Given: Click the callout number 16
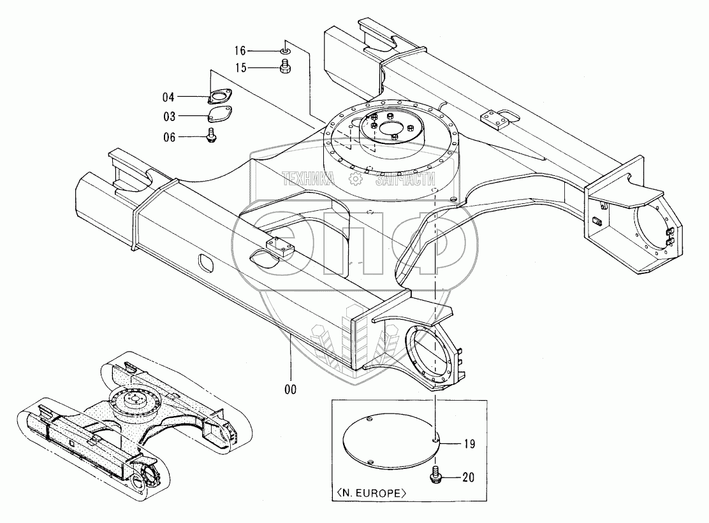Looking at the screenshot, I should (240, 50).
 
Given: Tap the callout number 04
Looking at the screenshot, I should (168, 97).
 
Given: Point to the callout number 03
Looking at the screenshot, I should (168, 116).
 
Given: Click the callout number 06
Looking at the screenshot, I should (168, 136).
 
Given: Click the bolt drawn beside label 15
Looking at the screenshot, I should (286, 66).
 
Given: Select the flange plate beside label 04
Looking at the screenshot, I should (219, 97).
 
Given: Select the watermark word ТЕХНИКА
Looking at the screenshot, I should (309, 179).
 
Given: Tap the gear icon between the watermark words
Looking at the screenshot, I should (354, 179).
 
